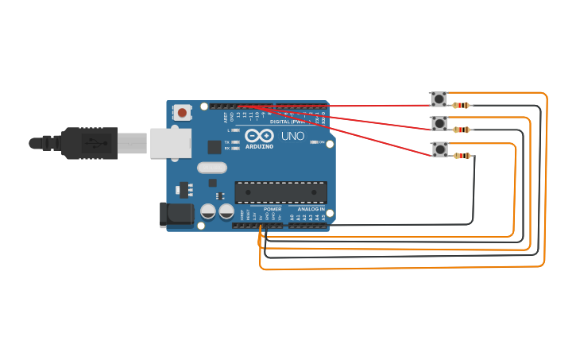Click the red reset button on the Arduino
[182, 113]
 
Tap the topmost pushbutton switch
[439, 99]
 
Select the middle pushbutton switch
[439, 123]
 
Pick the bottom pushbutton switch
[439, 149]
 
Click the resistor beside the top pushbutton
[461, 105]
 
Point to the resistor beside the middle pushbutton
[462, 130]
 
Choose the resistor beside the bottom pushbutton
[462, 156]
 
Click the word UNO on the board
[292, 136]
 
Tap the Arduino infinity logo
[260, 136]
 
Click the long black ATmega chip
[280, 192]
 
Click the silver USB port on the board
[171, 143]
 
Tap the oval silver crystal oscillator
[212, 168]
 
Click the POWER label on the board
[273, 209]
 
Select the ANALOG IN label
[311, 209]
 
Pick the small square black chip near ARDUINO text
[215, 147]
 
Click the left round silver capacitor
[208, 211]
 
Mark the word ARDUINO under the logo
[259, 147]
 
